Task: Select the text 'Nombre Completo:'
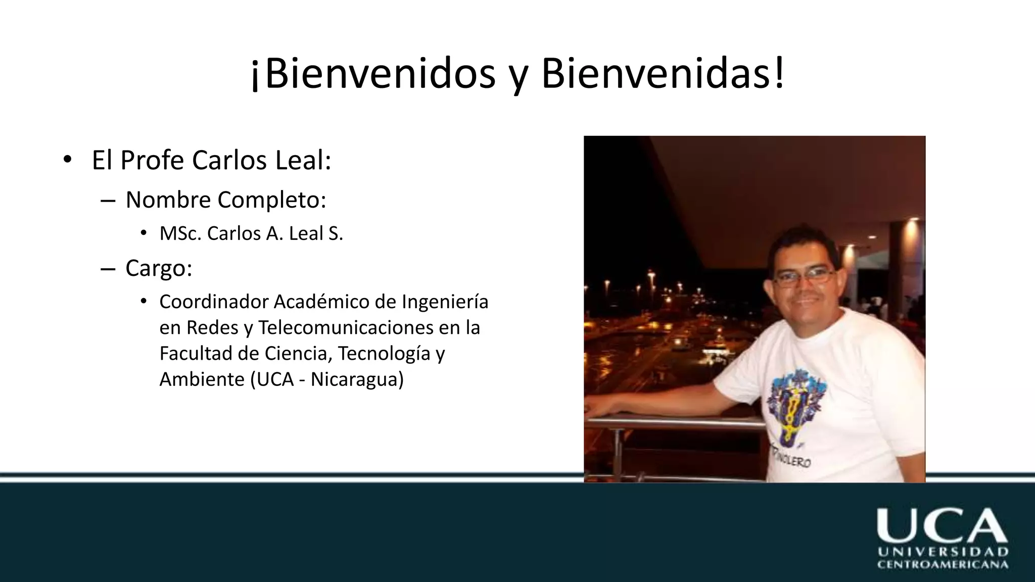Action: pos(226,200)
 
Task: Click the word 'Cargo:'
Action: pos(159,268)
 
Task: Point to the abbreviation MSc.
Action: pos(180,233)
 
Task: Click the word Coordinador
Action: pos(214,302)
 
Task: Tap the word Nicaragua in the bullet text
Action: pos(357,379)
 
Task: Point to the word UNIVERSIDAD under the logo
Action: pos(943,552)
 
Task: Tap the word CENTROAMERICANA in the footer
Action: pos(943,565)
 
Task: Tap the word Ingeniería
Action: pos(445,302)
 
